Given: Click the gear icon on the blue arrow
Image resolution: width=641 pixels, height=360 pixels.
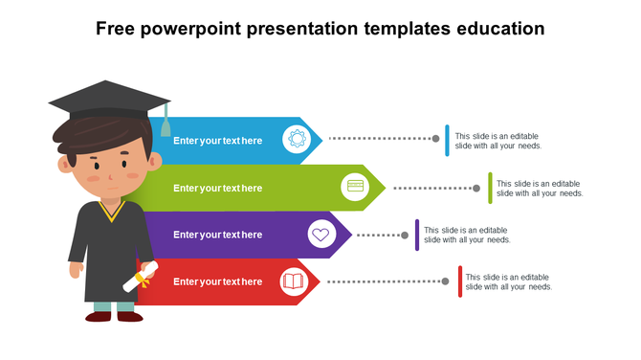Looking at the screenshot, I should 297,140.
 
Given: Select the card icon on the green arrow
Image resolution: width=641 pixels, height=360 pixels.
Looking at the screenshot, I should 356,187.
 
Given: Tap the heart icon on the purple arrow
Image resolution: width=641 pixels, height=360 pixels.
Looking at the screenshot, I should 321,234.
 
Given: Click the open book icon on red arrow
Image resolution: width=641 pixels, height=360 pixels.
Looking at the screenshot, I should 293,281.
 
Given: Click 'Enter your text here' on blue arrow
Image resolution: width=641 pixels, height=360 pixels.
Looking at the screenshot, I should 217,141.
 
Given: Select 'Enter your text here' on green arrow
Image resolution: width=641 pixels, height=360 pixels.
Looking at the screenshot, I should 217,188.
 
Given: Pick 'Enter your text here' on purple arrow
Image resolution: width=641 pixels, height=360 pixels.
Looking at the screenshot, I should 217,235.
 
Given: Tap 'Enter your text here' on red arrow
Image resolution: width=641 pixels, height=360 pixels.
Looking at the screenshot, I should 217,281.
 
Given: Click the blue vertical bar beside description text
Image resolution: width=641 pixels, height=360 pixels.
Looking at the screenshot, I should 447,141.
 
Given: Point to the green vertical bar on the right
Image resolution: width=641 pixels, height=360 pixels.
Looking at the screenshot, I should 490,188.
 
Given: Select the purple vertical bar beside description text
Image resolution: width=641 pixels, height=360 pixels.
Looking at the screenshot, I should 417,235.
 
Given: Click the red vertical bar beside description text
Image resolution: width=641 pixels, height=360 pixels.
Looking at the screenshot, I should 459,281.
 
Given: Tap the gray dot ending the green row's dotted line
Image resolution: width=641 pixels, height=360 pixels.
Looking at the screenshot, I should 476,188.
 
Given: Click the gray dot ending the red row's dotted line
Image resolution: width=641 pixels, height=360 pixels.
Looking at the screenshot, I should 446,281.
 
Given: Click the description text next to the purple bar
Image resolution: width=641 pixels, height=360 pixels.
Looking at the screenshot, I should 467,235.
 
